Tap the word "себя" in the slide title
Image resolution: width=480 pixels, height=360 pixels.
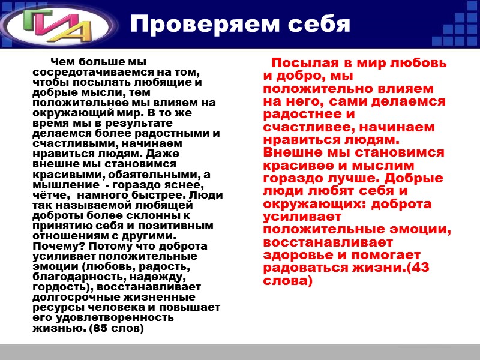click(317, 23)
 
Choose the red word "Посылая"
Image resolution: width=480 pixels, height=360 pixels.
click(301, 64)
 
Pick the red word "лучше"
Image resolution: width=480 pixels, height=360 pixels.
click(350, 178)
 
